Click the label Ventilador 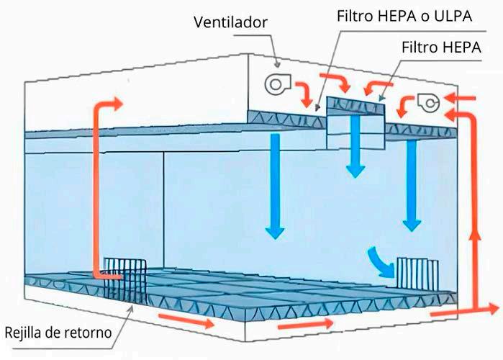[x=230, y=22]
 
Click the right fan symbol [x=428, y=103]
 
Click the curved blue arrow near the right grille [x=381, y=263]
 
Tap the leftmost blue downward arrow [x=274, y=187]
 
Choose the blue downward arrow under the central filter [x=354, y=148]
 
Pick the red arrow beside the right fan [x=406, y=108]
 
